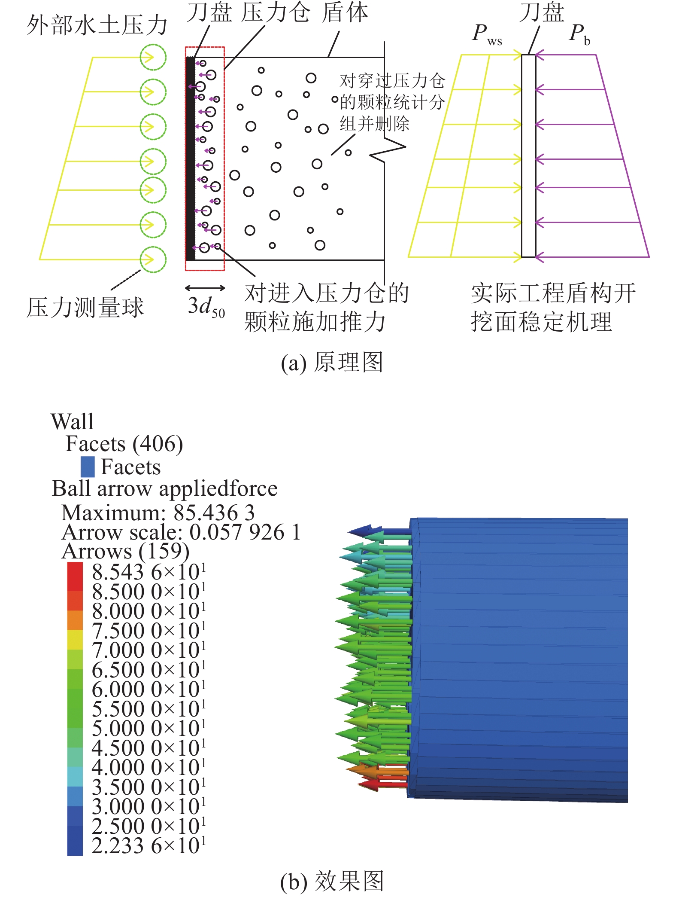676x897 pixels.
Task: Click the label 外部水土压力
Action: point(97,24)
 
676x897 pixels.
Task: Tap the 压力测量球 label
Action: point(85,307)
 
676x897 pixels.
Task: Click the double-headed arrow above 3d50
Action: point(205,287)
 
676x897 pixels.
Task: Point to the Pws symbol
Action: point(487,34)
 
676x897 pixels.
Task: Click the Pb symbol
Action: point(579,34)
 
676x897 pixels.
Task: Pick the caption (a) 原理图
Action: point(331,362)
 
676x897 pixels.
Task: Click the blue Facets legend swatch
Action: point(88,467)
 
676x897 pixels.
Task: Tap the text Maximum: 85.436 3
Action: point(158,513)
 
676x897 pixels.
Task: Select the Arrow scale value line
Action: point(181,532)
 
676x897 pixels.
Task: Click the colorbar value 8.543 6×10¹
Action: point(149,572)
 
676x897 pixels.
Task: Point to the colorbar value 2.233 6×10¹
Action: point(149,845)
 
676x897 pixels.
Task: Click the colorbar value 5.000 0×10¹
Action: point(149,728)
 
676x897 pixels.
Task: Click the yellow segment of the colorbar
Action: point(75,640)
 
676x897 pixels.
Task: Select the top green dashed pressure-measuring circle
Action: point(153,57)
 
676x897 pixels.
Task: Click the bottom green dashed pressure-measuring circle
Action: point(153,259)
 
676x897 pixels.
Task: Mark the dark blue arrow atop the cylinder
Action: point(379,531)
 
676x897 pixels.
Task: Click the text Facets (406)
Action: point(124,444)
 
